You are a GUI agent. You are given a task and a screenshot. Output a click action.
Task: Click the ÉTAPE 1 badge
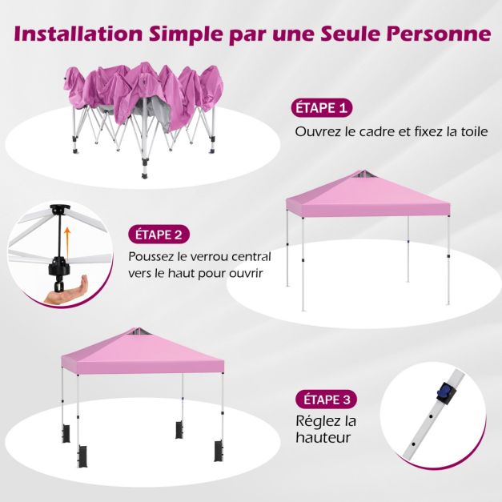(321, 108)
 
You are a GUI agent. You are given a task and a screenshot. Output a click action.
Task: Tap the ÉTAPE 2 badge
(159, 235)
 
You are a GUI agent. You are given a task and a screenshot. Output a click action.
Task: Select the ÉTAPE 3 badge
(326, 400)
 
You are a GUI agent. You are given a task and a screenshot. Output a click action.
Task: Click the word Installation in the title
(78, 34)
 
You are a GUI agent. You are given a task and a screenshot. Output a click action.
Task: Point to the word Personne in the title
(438, 34)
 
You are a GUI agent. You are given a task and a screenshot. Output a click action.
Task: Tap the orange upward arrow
(67, 242)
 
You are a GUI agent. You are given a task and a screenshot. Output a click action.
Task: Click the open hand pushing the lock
(66, 290)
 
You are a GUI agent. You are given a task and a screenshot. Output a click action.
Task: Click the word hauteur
(323, 437)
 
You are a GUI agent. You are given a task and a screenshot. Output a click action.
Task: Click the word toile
(475, 131)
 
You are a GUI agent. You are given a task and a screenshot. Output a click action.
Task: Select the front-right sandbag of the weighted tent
(219, 452)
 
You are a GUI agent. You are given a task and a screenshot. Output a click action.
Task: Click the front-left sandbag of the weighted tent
(83, 456)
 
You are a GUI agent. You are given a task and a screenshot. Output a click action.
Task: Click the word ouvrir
(247, 273)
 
